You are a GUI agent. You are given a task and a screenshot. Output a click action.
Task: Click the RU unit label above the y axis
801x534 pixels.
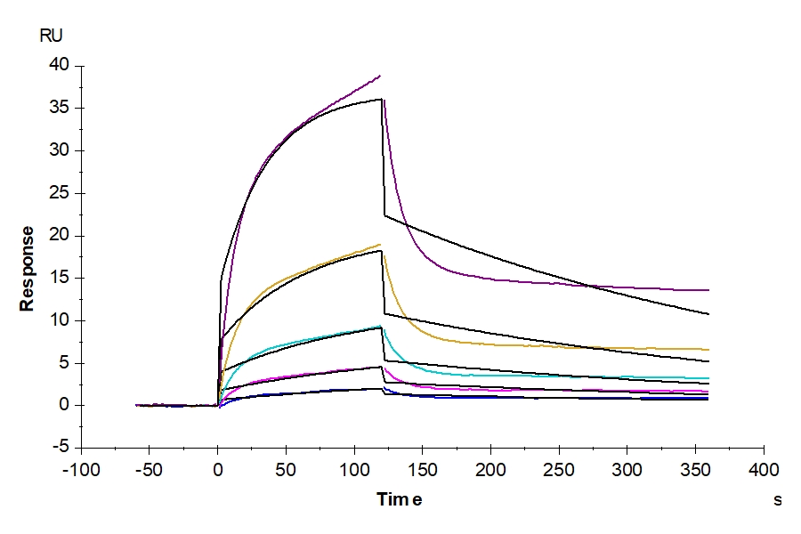(53, 36)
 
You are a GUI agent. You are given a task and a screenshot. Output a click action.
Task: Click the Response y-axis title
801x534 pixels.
(28, 268)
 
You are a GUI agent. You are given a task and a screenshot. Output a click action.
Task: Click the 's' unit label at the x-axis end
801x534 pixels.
(777, 500)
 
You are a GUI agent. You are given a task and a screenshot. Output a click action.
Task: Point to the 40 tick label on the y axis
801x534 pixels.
(60, 65)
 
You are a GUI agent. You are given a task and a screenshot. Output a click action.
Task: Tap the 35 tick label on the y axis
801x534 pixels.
(60, 108)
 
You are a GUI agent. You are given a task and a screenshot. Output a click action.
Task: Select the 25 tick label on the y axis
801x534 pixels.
(60, 193)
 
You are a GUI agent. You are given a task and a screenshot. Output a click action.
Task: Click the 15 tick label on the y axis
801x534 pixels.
(60, 278)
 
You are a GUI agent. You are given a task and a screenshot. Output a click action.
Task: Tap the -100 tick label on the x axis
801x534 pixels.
(82, 468)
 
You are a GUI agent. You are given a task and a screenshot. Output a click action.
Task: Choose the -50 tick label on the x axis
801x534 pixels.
(150, 468)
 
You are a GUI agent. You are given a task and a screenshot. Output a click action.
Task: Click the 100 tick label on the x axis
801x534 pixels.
(354, 468)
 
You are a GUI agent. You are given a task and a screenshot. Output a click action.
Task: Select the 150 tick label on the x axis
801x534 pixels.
(423, 468)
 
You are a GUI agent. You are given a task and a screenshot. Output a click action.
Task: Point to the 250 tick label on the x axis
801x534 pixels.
(559, 468)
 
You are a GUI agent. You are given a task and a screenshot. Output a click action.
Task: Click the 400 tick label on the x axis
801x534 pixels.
(763, 468)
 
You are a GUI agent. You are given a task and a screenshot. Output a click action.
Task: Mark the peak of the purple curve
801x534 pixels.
(380, 76)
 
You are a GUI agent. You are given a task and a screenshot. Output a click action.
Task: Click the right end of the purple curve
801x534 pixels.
(708, 290)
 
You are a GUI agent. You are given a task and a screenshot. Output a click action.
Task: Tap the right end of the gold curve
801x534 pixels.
(708, 350)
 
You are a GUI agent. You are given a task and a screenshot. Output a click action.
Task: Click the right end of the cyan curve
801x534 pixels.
(708, 378)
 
